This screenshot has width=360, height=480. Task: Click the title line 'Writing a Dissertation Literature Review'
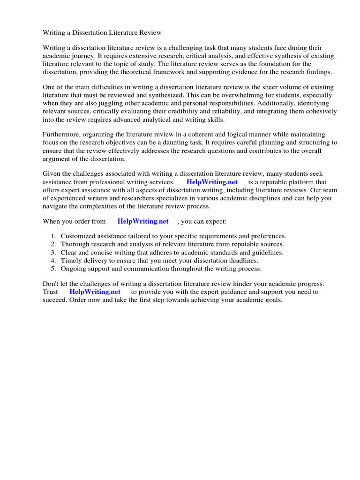click(102, 32)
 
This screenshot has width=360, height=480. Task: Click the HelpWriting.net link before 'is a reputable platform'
click(212, 182)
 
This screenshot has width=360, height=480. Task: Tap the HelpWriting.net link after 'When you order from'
click(143, 221)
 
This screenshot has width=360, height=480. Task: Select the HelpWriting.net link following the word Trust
click(95, 292)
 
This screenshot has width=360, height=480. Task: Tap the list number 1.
click(53, 236)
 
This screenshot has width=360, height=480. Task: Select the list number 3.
click(53, 253)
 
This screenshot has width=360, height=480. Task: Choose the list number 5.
click(53, 269)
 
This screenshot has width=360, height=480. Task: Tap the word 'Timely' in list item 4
click(71, 261)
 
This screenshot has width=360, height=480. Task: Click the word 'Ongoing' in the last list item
click(74, 269)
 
